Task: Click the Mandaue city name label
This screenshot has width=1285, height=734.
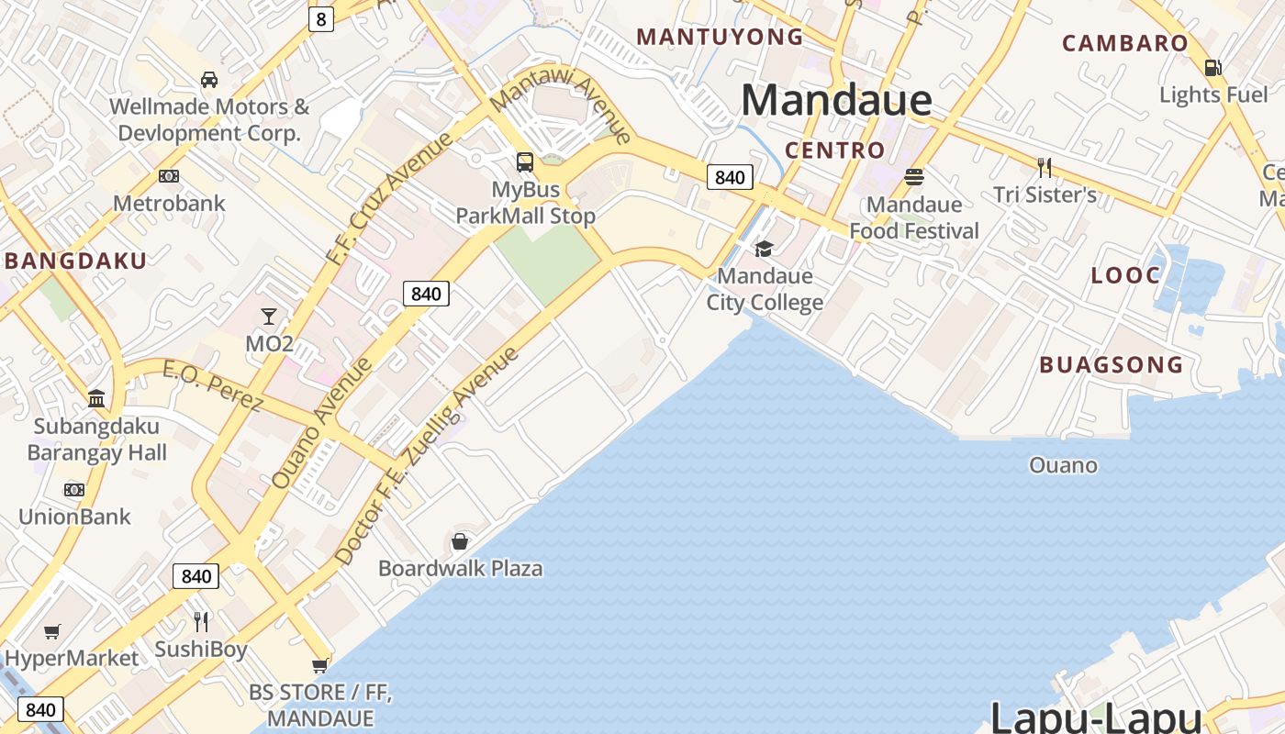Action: coord(836,100)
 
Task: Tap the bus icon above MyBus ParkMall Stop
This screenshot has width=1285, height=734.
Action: coord(525,162)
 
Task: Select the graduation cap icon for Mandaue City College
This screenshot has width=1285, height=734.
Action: coord(764,249)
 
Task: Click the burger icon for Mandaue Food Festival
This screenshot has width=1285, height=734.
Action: coord(914,177)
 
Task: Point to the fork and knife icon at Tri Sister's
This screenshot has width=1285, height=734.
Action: coord(1044,167)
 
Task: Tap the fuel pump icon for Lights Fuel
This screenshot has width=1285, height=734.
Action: coord(1212,68)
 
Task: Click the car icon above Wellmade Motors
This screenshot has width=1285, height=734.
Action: coord(209,80)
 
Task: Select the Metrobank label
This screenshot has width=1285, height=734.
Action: coord(169,203)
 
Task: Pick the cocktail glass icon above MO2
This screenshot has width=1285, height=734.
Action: coord(268,317)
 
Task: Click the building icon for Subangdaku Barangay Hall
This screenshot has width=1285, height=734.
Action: coord(96,399)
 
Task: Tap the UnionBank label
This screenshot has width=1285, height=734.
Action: coord(74,517)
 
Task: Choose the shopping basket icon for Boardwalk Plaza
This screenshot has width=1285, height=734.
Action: coord(460,541)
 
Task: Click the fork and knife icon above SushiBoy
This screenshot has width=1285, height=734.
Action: coord(201,622)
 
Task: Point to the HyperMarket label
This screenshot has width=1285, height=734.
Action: coord(72,658)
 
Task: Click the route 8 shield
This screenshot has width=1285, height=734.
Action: coord(320,19)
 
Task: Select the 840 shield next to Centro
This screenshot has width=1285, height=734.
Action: coord(730,177)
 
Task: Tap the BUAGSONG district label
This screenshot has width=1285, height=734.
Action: coord(1111,365)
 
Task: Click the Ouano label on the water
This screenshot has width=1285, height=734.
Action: coord(1063,465)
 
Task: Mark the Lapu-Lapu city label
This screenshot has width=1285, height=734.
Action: coord(1096,716)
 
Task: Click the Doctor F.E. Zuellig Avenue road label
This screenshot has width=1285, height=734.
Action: coord(428,455)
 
